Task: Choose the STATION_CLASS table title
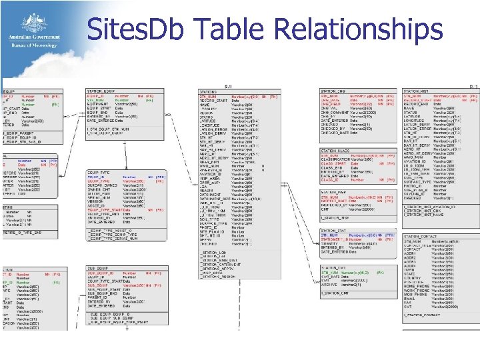(335, 151)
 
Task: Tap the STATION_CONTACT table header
(420, 237)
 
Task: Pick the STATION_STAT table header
(333, 231)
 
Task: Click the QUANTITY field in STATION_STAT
(331, 243)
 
